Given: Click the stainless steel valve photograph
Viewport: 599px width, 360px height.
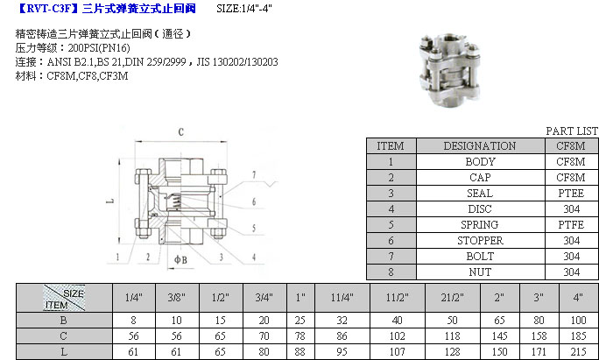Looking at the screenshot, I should [449, 69].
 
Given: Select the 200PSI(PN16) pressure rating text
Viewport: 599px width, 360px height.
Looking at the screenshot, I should [94, 47].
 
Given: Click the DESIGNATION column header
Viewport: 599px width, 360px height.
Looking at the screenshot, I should [479, 146].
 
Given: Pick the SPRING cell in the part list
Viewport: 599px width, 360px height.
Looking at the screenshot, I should [479, 225].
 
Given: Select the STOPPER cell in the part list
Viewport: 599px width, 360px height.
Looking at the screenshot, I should [479, 241].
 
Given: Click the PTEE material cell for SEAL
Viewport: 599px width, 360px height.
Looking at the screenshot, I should [571, 194].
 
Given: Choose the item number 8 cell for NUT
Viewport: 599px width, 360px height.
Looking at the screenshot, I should [390, 272].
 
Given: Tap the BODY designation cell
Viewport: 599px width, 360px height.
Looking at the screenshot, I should [479, 162].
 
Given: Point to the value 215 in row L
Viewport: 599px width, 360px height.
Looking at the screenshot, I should [577, 351].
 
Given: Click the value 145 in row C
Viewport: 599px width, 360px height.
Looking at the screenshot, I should [498, 336].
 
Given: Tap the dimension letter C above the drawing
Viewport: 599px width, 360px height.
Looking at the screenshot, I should [180, 132].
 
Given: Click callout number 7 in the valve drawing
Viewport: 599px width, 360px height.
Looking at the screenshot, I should [252, 175].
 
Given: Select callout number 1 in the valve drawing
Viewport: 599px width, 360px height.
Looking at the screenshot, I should [116, 257].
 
